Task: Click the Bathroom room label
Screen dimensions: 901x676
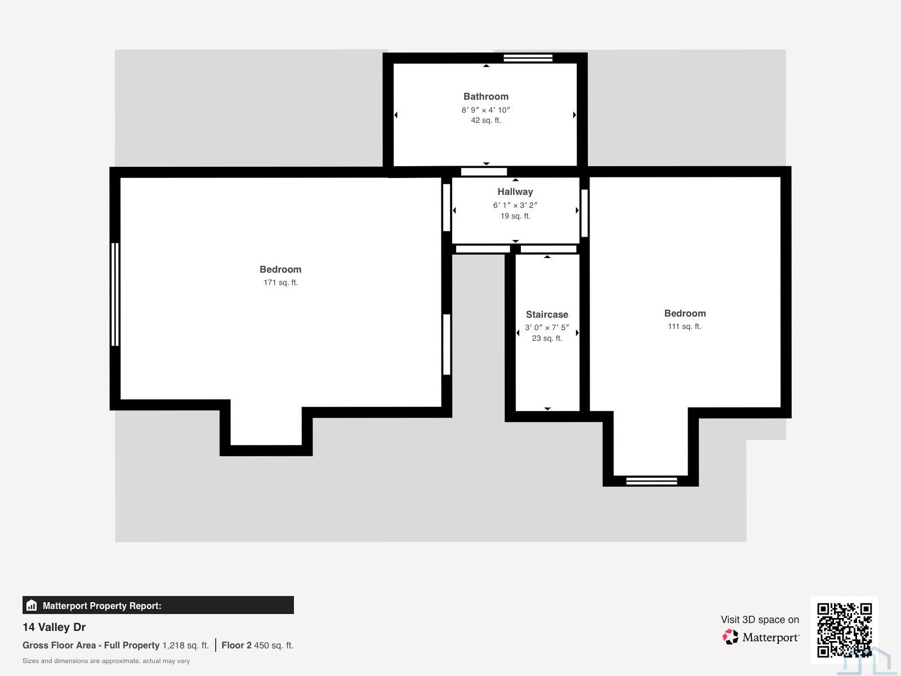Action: click(486, 96)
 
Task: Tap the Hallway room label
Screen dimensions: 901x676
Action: click(515, 192)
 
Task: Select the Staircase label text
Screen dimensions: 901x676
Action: click(547, 314)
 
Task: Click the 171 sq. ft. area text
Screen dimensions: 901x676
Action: click(281, 282)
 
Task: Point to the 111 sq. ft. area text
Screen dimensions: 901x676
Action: click(685, 326)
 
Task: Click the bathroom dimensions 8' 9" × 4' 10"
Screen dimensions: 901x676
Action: click(486, 110)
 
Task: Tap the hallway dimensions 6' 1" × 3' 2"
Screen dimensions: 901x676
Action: click(515, 205)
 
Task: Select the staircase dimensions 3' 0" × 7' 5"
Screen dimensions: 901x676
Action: click(547, 327)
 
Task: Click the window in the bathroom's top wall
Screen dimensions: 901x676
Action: click(528, 58)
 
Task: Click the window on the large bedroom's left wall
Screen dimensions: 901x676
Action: click(115, 294)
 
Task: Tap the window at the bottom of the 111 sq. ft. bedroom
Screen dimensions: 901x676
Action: click(652, 481)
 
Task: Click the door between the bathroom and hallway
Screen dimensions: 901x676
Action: click(484, 172)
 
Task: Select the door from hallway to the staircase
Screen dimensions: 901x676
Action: click(548, 249)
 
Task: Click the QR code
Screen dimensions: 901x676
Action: click(844, 630)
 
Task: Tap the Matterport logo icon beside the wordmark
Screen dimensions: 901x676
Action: click(730, 637)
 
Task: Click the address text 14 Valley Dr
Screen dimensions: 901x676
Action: click(54, 627)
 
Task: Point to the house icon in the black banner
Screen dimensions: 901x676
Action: click(32, 605)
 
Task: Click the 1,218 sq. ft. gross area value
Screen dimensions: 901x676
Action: click(185, 645)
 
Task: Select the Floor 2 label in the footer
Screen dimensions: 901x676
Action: click(237, 645)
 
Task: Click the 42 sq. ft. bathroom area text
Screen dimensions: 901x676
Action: click(486, 120)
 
